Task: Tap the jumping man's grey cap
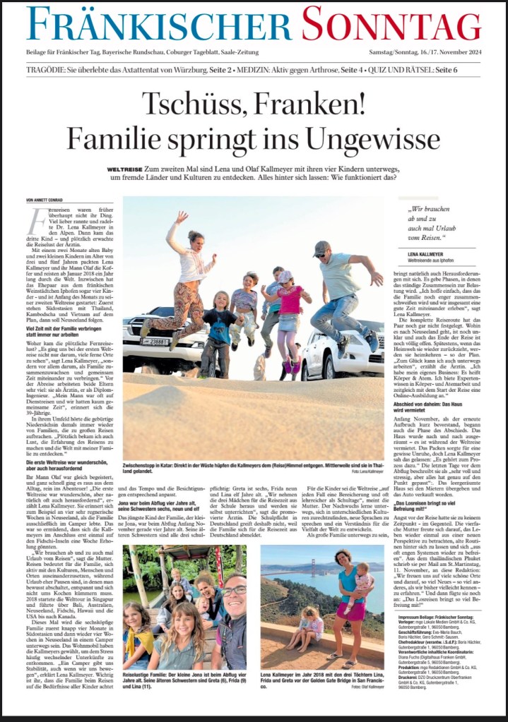click(322, 248)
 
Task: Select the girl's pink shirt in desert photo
click(290, 299)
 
